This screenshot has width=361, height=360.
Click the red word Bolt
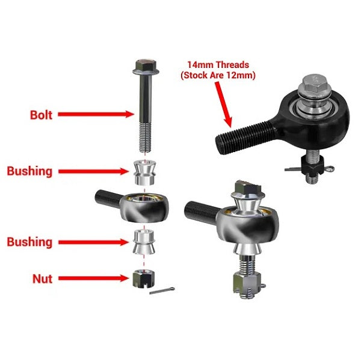pyautogui.click(x=41, y=114)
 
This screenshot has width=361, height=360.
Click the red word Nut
pyautogui.click(x=42, y=278)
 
